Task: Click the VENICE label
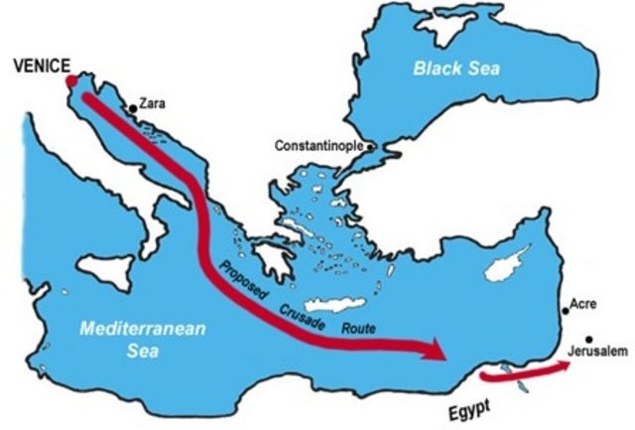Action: click(41, 66)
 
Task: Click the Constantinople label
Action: click(319, 147)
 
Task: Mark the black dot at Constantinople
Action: click(369, 146)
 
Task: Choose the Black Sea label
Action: click(457, 69)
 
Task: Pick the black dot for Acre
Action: click(567, 311)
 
